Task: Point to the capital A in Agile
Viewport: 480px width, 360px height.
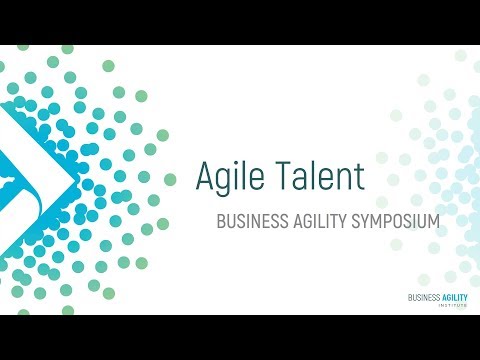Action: (206, 177)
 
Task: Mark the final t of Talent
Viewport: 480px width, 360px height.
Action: (358, 178)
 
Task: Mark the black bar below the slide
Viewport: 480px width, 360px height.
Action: (240, 338)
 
